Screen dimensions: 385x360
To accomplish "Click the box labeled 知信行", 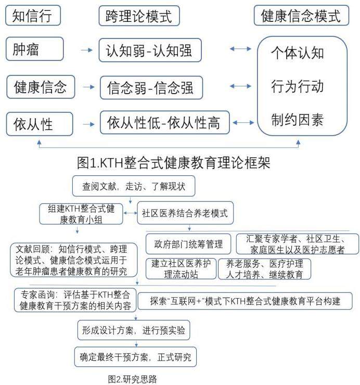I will [x=32, y=16].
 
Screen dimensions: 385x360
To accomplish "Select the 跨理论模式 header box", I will [x=139, y=16].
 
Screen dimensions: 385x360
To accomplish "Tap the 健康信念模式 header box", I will [x=301, y=16].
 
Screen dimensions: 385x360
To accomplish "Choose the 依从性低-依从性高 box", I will [x=164, y=123].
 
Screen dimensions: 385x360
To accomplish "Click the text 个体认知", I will [x=298, y=53].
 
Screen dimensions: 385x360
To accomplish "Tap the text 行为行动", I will [x=298, y=86].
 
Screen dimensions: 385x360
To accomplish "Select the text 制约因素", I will [x=298, y=120].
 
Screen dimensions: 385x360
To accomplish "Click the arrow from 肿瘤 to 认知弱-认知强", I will [x=86, y=51].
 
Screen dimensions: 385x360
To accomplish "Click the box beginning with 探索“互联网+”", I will [x=245, y=301].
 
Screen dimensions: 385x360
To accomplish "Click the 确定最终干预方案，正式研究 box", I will [x=135, y=357].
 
